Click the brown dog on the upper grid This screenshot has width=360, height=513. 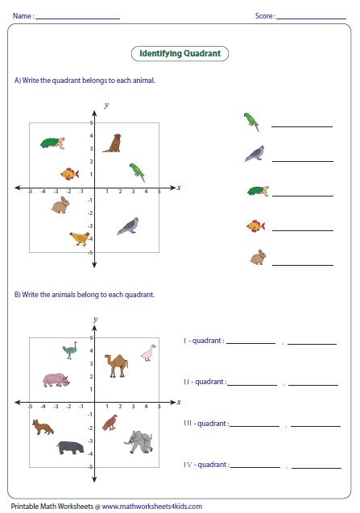[x=113, y=143]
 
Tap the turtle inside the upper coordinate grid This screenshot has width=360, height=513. [x=52, y=143]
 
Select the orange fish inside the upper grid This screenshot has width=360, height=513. [x=70, y=174]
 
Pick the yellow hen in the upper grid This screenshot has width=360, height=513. [x=80, y=238]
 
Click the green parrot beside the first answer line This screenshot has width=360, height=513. [x=251, y=122]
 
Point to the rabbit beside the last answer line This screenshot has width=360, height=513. [x=258, y=257]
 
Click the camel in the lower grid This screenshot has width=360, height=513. [x=117, y=366]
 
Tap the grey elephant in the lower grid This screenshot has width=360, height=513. [x=139, y=441]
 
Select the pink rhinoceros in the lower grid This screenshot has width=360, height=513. [x=56, y=380]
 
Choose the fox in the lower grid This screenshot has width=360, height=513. [x=43, y=427]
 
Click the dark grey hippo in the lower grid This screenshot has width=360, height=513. [x=70, y=448]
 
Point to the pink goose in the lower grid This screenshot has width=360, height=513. [x=148, y=353]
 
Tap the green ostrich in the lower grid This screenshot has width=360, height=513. [x=70, y=350]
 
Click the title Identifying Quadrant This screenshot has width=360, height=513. [x=180, y=54]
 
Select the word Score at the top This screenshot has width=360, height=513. [x=264, y=16]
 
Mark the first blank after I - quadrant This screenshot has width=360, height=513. [x=251, y=344]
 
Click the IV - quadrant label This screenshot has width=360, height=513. [x=206, y=465]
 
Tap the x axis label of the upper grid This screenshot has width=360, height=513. [x=179, y=188]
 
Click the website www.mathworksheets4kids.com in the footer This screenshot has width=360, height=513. [x=152, y=507]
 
